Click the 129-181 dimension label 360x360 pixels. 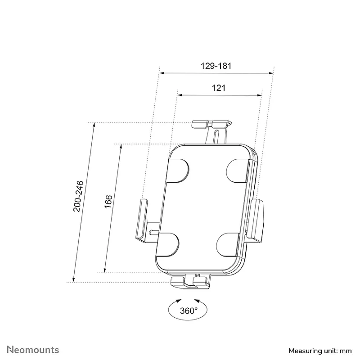tap(216, 66)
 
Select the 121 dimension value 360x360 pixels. tap(218, 88)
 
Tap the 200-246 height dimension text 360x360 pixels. tap(78, 196)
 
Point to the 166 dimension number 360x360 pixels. tap(108, 202)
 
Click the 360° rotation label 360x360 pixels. tap(189, 310)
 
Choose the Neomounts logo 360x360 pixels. tap(33, 350)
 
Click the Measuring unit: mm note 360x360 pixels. tap(320, 351)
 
